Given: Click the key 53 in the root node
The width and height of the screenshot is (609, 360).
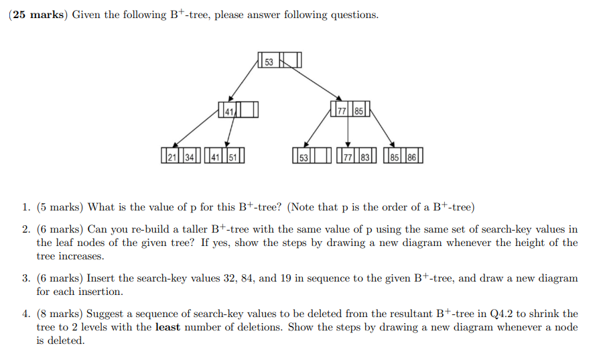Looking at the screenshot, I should click(269, 62).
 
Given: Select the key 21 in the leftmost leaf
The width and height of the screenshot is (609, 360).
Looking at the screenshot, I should click(172, 158).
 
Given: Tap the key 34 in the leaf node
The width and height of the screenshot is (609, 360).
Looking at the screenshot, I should click(190, 158).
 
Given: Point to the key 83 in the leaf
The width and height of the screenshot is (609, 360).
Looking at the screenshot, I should click(365, 158).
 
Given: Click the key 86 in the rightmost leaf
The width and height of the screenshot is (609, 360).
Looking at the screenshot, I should click(411, 158).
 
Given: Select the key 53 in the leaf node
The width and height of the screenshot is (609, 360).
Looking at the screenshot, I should click(303, 158).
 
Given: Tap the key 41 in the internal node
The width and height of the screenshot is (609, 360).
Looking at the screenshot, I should click(229, 111).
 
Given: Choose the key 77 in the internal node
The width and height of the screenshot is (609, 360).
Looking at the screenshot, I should click(342, 111).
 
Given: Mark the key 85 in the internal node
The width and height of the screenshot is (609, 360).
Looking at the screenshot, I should click(359, 111).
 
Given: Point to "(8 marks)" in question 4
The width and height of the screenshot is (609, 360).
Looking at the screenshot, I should click(61, 314).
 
